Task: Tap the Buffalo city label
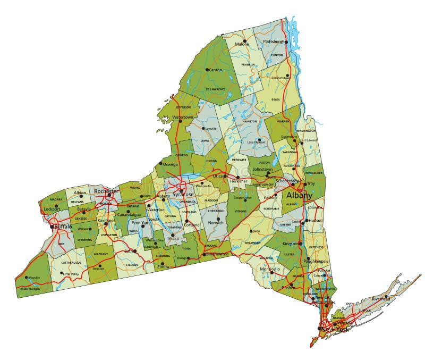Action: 63,227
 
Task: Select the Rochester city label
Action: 106,191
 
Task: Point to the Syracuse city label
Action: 183,195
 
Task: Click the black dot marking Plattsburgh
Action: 285,42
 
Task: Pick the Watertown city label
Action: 183,117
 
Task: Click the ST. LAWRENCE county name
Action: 216,89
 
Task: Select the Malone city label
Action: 242,44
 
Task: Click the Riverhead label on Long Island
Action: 381,298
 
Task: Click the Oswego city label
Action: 171,164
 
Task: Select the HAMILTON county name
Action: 250,121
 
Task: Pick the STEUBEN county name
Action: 132,264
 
